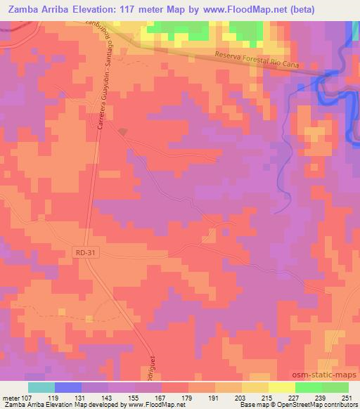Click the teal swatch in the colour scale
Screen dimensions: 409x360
(41, 387)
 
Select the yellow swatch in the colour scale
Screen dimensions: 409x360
(282, 387)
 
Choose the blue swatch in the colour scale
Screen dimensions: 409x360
(68, 387)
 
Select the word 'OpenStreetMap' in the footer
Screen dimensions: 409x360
(304, 405)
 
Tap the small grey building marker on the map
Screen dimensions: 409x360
(123, 131)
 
